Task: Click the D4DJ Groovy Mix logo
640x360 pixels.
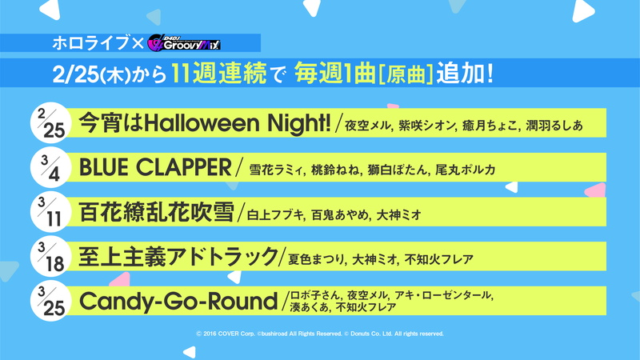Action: point(184,43)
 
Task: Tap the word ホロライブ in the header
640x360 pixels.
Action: point(90,43)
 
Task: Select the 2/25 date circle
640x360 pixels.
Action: point(51,122)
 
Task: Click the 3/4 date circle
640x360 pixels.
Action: point(51,167)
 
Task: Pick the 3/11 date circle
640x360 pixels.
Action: point(51,212)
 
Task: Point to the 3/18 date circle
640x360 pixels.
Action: point(51,256)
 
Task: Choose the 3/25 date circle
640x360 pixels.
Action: point(51,301)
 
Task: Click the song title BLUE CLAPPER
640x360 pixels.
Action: point(155,167)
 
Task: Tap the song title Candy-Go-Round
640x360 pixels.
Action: point(178,302)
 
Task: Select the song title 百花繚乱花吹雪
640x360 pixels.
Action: point(156,212)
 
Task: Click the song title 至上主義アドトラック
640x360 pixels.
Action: point(178,257)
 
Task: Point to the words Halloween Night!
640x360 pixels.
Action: point(238,123)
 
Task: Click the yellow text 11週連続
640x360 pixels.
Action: point(218,74)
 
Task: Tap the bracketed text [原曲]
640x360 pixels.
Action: point(406,74)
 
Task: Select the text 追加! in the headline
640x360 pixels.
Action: point(465,74)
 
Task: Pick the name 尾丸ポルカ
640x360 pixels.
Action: point(466,170)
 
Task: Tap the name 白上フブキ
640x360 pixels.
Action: point(275,214)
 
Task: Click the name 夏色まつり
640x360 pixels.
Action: point(316,259)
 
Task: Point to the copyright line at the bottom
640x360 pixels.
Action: point(319,334)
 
